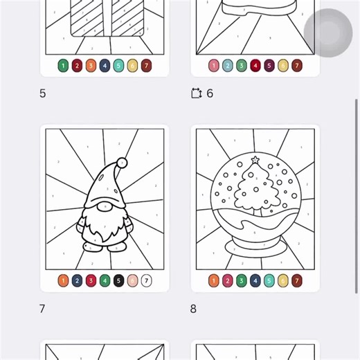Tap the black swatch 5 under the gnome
click(118, 280)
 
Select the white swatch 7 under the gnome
click(146, 280)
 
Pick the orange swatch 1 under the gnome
click(63, 280)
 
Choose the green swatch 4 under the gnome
click(105, 280)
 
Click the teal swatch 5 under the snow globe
click(269, 280)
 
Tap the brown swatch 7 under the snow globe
click(297, 280)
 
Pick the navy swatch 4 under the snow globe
click(255, 280)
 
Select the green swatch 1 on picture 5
click(63, 66)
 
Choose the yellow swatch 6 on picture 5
click(132, 66)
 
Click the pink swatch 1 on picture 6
click(214, 66)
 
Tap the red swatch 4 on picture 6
click(255, 66)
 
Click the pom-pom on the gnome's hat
click(122, 163)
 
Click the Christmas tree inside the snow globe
click(254, 188)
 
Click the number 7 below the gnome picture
click(42, 309)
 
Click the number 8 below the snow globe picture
click(194, 309)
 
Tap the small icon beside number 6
click(197, 93)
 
